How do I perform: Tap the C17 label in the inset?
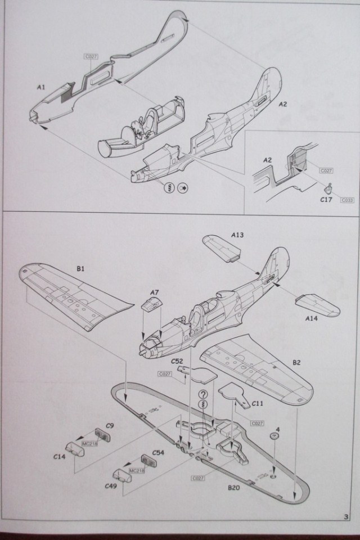327,199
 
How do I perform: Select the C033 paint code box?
346,201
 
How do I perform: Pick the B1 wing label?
80,269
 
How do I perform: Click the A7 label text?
155,291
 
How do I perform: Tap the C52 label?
178,362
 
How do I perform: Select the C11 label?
258,403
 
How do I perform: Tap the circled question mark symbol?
204,395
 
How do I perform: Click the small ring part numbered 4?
274,437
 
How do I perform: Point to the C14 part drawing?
74,449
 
